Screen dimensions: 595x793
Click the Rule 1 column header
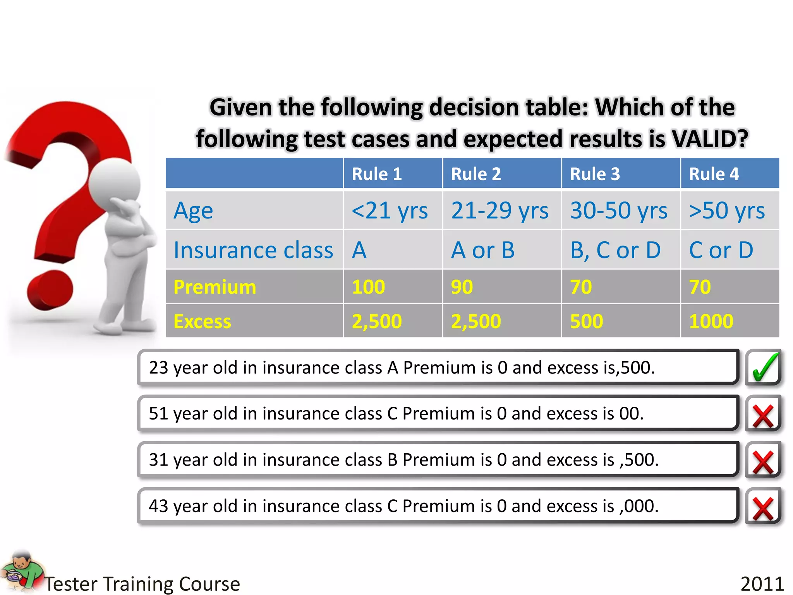(x=377, y=174)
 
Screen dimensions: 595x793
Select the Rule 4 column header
(x=714, y=174)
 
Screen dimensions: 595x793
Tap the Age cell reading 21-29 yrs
(x=500, y=211)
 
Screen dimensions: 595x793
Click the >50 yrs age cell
(x=727, y=211)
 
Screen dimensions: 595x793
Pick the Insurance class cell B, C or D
(x=615, y=250)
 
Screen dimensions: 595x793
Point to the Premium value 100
(x=368, y=287)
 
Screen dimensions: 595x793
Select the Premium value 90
(x=462, y=287)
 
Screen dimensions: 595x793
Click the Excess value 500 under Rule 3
(x=586, y=321)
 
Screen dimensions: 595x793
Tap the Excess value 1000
(x=711, y=321)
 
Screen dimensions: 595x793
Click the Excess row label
(x=202, y=322)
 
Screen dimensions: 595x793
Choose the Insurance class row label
(x=253, y=250)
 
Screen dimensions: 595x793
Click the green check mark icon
(x=763, y=367)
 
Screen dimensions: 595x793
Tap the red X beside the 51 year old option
(x=763, y=415)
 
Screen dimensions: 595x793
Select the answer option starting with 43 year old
(x=438, y=506)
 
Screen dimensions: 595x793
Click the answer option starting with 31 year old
(x=438, y=460)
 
